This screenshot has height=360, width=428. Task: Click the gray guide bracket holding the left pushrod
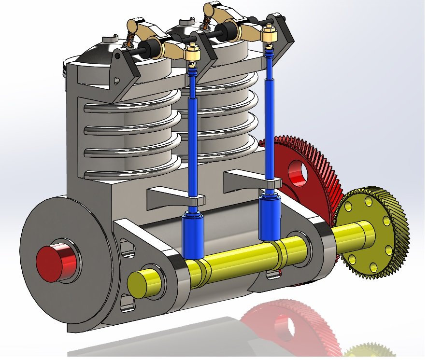pos(174,198)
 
